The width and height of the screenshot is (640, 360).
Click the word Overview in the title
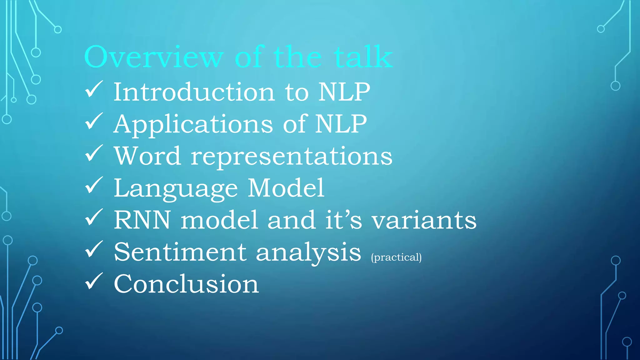pyautogui.click(x=154, y=57)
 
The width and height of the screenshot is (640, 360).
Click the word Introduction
pyautogui.click(x=194, y=92)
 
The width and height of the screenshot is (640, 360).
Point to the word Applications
pyautogui.click(x=193, y=124)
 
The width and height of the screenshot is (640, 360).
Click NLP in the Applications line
pyautogui.click(x=341, y=124)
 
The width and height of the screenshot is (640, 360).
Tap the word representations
pyautogui.click(x=292, y=156)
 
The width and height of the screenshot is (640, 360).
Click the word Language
pyautogui.click(x=175, y=189)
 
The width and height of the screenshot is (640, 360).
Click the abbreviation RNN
pyautogui.click(x=142, y=220)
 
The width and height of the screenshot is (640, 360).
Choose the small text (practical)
pyautogui.click(x=396, y=257)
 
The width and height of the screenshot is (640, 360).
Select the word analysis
pyautogui.click(x=308, y=252)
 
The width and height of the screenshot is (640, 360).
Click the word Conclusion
pyautogui.click(x=186, y=284)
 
